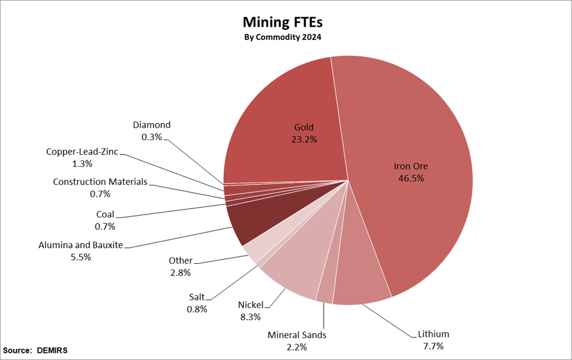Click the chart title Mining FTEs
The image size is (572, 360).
[x=282, y=23]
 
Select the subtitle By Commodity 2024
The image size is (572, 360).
[x=283, y=37]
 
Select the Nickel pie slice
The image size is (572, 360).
[x=291, y=261]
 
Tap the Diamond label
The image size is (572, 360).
[x=151, y=125]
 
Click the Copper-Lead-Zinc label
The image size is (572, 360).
[x=83, y=151]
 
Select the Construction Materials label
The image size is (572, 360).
[x=100, y=182]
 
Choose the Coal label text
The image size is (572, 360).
[x=105, y=214]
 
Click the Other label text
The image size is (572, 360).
[x=181, y=261]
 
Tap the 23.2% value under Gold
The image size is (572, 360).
[x=304, y=140]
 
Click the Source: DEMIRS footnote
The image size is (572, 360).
[x=36, y=350]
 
